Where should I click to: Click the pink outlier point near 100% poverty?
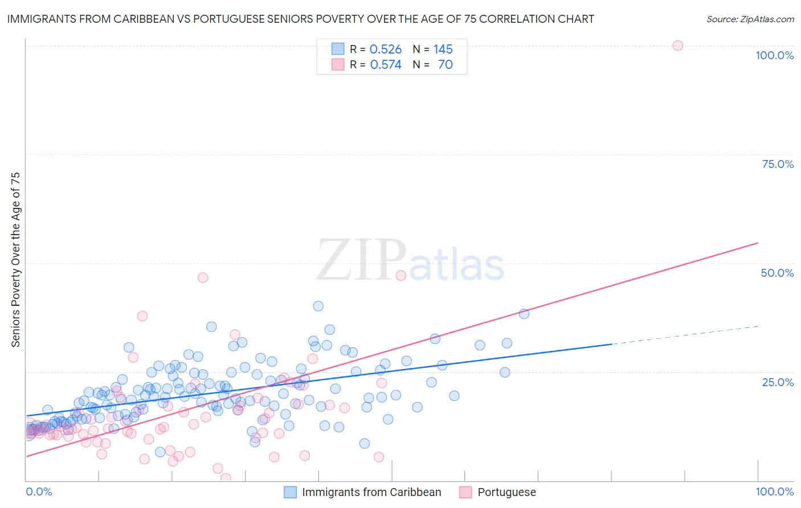click(x=677, y=46)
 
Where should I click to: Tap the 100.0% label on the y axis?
click(x=774, y=55)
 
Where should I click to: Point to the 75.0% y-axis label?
click(x=778, y=164)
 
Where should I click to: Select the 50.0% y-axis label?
click(x=777, y=273)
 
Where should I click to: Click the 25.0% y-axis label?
click(x=778, y=382)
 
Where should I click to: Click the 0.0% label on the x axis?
click(x=39, y=491)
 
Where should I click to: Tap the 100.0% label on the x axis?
click(x=774, y=491)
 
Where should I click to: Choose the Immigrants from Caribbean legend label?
click(x=371, y=492)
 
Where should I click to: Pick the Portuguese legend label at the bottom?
click(x=506, y=492)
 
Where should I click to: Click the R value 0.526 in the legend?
click(x=386, y=50)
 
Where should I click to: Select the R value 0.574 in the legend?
click(x=386, y=65)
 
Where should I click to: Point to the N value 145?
click(x=443, y=50)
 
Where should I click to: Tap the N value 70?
click(x=445, y=65)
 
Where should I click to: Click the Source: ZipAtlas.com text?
click(x=750, y=19)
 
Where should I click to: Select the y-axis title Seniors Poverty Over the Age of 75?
click(x=15, y=260)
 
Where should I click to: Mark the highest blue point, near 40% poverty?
click(x=318, y=306)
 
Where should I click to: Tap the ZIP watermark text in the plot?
click(x=361, y=260)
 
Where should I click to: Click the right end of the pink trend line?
click(x=758, y=243)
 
